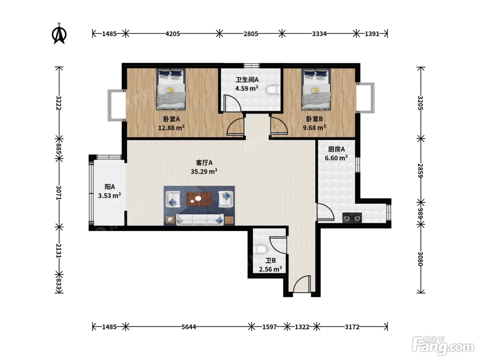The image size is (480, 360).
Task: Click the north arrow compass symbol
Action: [x=59, y=34]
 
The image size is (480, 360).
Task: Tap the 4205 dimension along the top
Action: [x=172, y=34]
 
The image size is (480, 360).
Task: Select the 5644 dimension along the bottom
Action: [x=189, y=327]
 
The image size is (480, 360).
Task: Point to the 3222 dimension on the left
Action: [x=59, y=103]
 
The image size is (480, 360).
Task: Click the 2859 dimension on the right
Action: [x=421, y=170]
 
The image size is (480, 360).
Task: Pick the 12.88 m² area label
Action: [x=171, y=128]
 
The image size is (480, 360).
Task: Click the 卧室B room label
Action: [x=314, y=119]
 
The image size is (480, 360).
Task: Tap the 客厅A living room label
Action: [x=204, y=163]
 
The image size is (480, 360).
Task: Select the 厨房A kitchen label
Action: [x=336, y=149]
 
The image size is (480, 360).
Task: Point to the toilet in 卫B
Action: [x=260, y=249]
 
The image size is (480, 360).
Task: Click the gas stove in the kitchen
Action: [x=352, y=218]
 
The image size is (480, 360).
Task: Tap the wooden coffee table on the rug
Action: [x=199, y=199]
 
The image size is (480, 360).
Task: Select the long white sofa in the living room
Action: [x=200, y=219]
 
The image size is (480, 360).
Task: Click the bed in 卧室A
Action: [x=171, y=89]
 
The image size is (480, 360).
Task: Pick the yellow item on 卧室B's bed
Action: [x=315, y=90]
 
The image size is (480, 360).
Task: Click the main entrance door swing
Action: [x=302, y=284]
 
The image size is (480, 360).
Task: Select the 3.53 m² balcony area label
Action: [x=109, y=195]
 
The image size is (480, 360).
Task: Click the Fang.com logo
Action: [x=443, y=346]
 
